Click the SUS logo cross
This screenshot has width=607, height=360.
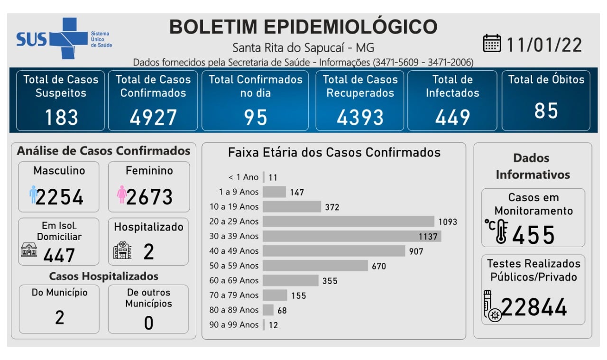(62, 38)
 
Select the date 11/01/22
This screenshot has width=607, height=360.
(544, 45)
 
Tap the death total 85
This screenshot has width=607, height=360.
(546, 111)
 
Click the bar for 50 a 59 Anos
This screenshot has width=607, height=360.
(315, 266)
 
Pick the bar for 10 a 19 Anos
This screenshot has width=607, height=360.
(292, 207)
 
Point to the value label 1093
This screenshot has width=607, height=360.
(448, 222)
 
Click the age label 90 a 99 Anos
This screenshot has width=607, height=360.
(234, 325)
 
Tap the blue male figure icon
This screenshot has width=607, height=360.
(33, 194)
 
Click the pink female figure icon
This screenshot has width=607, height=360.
(121, 194)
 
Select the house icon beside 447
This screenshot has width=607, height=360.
(29, 249)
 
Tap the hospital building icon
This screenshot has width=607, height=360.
(122, 250)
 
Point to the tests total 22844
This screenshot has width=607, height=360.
(534, 307)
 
